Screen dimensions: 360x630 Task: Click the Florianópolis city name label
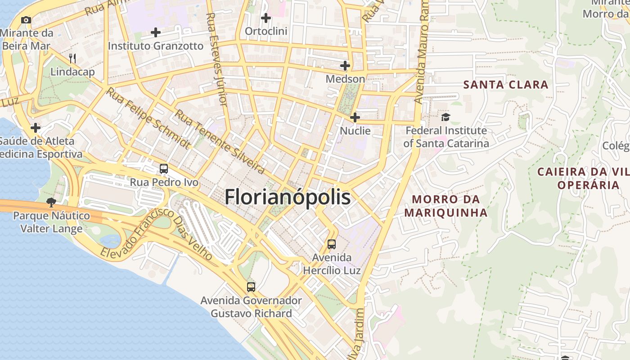(287, 197)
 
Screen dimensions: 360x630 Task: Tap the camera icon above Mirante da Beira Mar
(26, 20)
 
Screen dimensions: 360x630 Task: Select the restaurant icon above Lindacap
(72, 58)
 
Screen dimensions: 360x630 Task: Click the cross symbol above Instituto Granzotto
(156, 32)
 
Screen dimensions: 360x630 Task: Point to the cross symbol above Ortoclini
(266, 18)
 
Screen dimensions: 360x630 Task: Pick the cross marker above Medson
(345, 66)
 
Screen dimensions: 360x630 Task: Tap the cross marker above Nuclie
(355, 117)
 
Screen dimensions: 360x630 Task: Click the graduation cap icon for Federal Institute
(445, 117)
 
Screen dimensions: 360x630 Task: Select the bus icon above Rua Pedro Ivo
(164, 169)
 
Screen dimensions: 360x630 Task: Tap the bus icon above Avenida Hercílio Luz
(332, 244)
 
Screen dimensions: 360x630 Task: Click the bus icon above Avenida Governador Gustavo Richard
(251, 287)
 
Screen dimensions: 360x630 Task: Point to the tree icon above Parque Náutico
(51, 202)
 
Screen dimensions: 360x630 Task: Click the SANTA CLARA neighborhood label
(506, 85)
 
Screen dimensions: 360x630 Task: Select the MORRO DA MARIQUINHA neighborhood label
(445, 206)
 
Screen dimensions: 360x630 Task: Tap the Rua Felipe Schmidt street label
(148, 118)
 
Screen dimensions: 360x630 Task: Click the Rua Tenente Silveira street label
(219, 141)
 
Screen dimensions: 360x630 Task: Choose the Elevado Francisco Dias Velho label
(156, 234)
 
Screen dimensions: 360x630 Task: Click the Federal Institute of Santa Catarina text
(445, 137)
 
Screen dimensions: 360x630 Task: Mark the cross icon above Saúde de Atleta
(36, 128)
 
